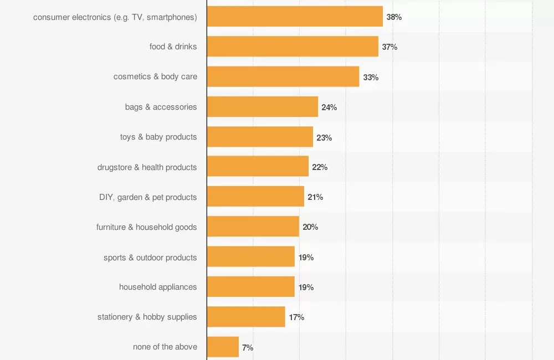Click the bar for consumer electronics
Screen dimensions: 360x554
pos(295,17)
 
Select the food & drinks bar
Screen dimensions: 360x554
pos(293,47)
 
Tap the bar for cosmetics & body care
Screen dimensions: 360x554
pos(283,76)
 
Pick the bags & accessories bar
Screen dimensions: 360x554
pos(263,106)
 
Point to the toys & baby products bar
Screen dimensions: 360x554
pos(260,137)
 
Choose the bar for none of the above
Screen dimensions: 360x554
pos(223,347)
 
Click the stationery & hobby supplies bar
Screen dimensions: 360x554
pos(246,317)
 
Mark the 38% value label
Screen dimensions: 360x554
pos(394,17)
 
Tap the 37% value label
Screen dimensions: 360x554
pos(389,47)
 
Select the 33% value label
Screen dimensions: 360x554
pos(371,77)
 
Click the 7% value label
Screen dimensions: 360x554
pos(248,347)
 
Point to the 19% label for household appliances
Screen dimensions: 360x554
pos(306,287)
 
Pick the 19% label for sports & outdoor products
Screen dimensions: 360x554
pos(306,257)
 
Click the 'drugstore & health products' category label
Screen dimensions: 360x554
pos(147,167)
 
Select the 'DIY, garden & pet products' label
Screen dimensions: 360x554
pos(148,197)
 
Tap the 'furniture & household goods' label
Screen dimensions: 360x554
pos(146,227)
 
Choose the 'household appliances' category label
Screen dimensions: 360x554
pos(158,287)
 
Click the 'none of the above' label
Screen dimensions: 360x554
pos(165,347)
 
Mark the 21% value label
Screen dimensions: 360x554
pos(315,197)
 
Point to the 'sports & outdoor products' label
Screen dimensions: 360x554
pos(150,258)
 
